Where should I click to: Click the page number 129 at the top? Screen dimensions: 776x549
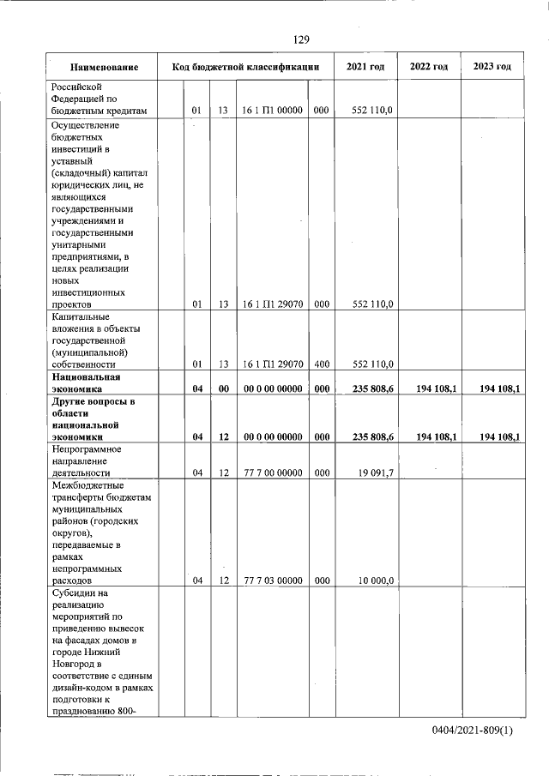[x=300, y=40]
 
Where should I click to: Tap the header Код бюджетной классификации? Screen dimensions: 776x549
[x=245, y=67]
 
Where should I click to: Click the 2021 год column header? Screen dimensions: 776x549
[x=365, y=67]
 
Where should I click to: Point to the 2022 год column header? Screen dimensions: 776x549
[x=429, y=67]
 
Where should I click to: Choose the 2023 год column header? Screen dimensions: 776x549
[x=492, y=67]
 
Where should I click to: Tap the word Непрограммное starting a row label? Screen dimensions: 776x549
[x=87, y=448]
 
